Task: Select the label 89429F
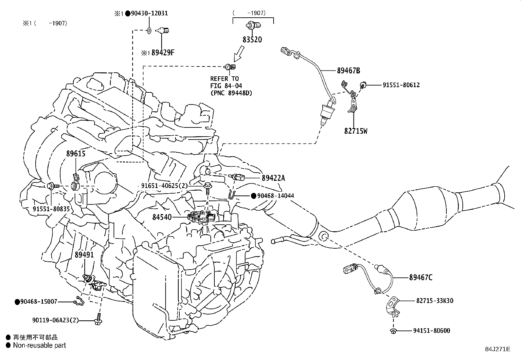tap(163, 53)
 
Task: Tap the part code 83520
tap(252, 40)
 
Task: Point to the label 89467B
tap(349, 70)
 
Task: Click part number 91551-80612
tap(401, 85)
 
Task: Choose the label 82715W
tap(356, 131)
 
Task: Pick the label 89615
tap(76, 153)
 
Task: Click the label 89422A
tap(273, 178)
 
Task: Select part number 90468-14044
tap(276, 196)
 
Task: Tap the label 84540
tap(162, 217)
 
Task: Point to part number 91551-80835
tap(51, 209)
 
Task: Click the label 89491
tap(84, 255)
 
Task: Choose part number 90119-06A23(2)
tap(56, 320)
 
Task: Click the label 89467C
tap(421, 278)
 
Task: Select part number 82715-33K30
tap(435, 301)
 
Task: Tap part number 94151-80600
tap(431, 331)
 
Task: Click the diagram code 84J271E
tap(497, 349)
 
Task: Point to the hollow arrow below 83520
tap(239, 53)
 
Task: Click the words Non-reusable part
tap(39, 345)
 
